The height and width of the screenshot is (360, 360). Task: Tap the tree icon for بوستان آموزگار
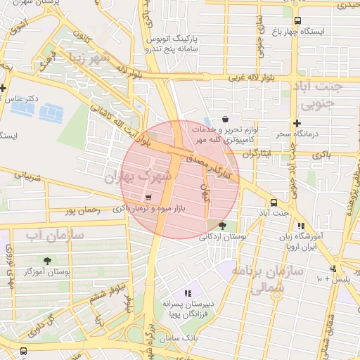pyautogui.click(x=48, y=261)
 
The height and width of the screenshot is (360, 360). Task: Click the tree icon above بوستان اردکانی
pyautogui.click(x=223, y=226)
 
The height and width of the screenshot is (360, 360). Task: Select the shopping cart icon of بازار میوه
pyautogui.click(x=148, y=198)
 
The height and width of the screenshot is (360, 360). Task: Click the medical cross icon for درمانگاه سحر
pyautogui.click(x=297, y=123)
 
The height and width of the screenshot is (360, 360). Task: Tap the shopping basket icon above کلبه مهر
pyautogui.click(x=224, y=119)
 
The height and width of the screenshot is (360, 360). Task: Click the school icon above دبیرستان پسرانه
pyautogui.click(x=187, y=292)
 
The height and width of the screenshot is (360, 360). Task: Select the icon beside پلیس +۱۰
pyautogui.click(x=334, y=269)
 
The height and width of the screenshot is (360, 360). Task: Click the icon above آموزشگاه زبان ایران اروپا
pyautogui.click(x=302, y=226)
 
